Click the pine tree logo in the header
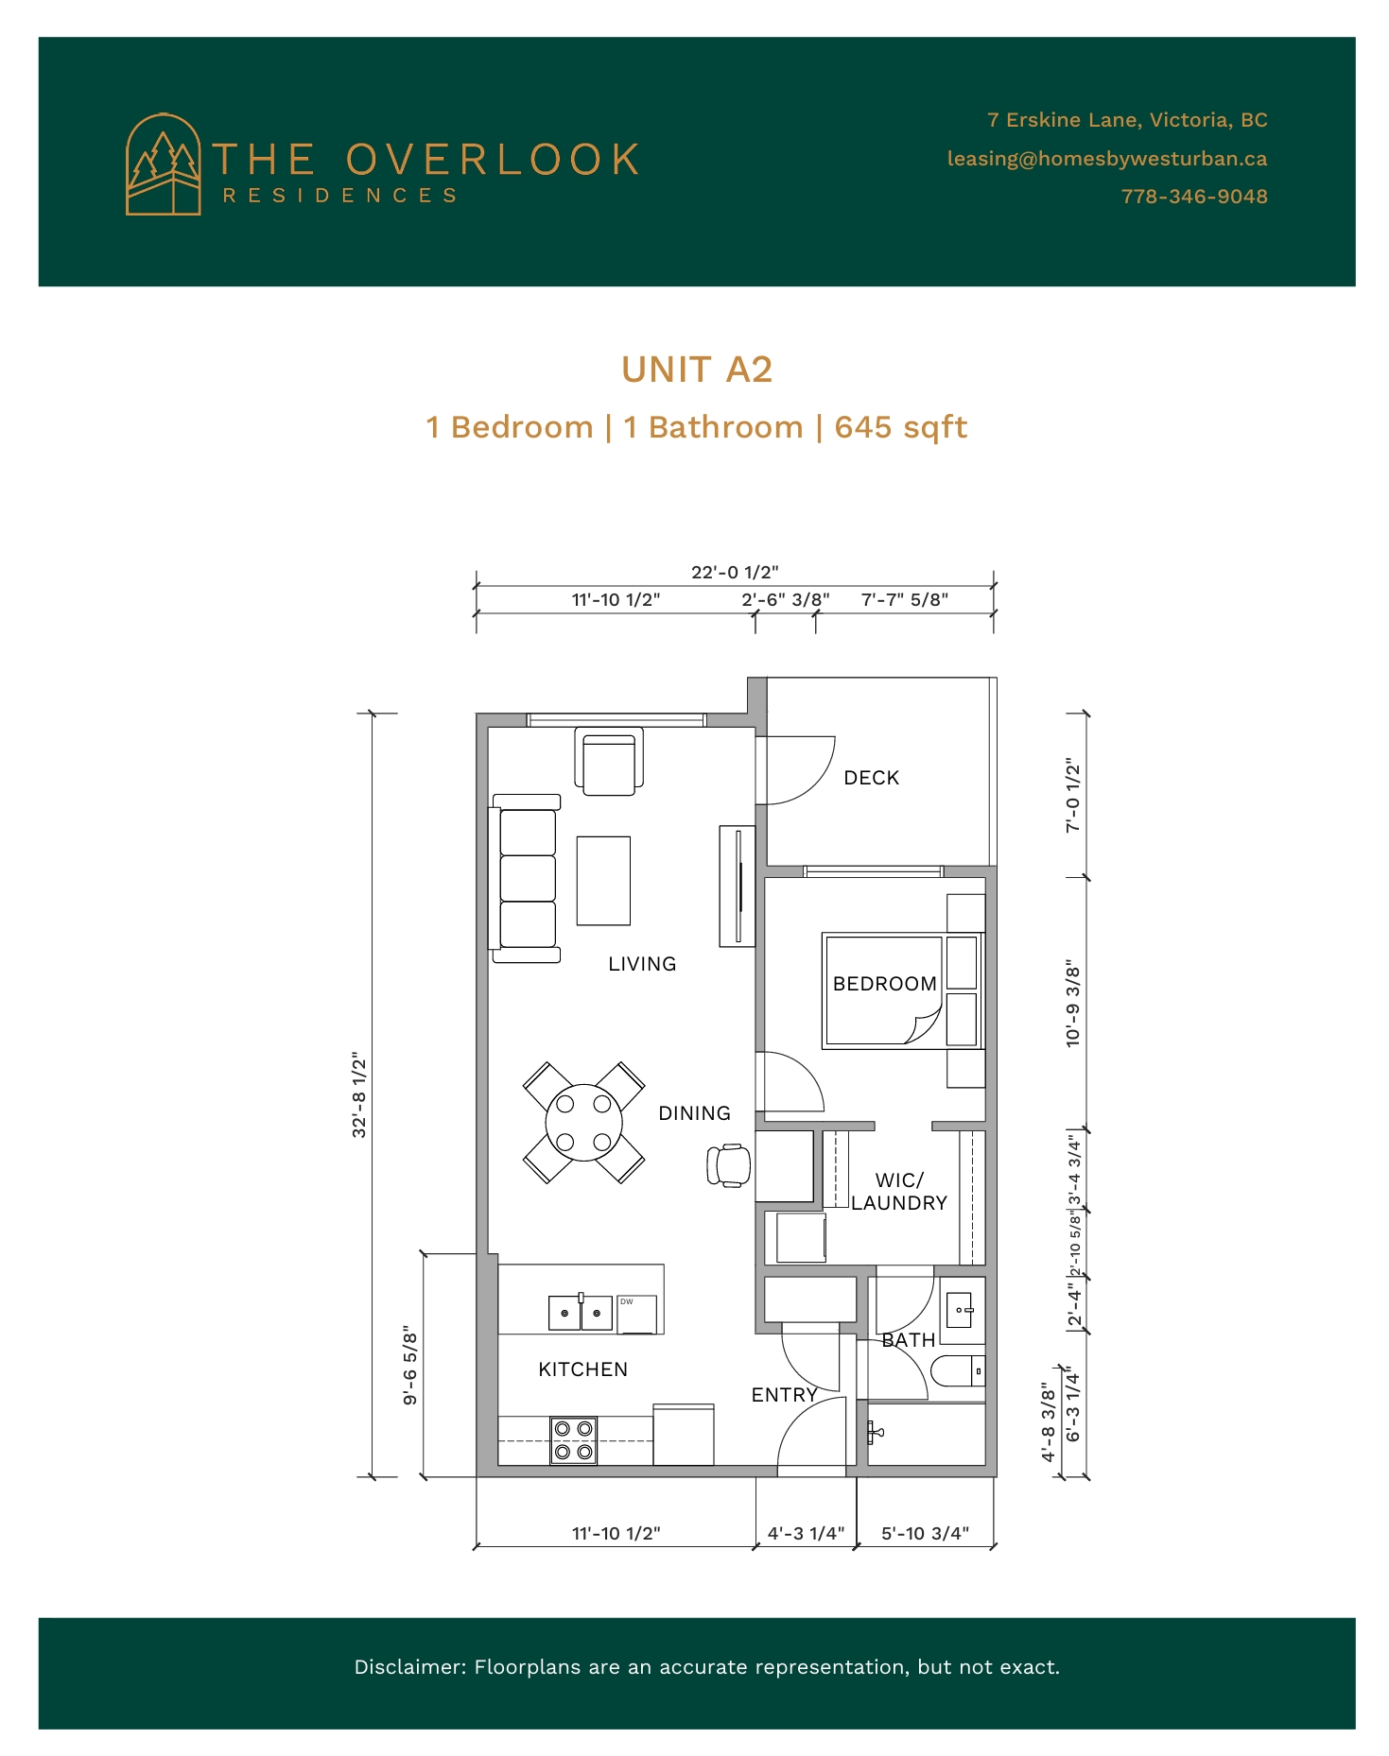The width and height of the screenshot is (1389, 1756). [x=164, y=164]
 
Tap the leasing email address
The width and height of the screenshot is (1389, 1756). [x=1107, y=159]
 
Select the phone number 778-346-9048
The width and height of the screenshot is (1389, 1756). [x=1194, y=197]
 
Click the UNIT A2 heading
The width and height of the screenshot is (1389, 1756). [x=697, y=370]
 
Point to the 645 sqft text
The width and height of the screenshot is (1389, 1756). [x=901, y=427]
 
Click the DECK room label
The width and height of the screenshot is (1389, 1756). [x=872, y=778]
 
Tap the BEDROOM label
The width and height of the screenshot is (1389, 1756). [x=885, y=984]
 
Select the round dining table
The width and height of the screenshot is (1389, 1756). [x=584, y=1123]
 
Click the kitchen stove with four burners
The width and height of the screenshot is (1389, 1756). [x=573, y=1440]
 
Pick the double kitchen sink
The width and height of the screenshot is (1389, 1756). [x=581, y=1313]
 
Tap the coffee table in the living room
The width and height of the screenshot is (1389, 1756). [x=603, y=880]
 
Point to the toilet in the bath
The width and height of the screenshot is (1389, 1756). [x=958, y=1370]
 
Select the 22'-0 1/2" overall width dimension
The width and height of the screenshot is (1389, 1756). [x=735, y=572]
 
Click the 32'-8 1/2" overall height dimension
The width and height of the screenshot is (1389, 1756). [x=359, y=1094]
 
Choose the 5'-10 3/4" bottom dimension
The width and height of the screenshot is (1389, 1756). [x=926, y=1533]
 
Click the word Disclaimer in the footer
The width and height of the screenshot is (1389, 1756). [x=410, y=1667]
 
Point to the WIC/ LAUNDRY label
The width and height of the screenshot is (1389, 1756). [x=899, y=1192]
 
